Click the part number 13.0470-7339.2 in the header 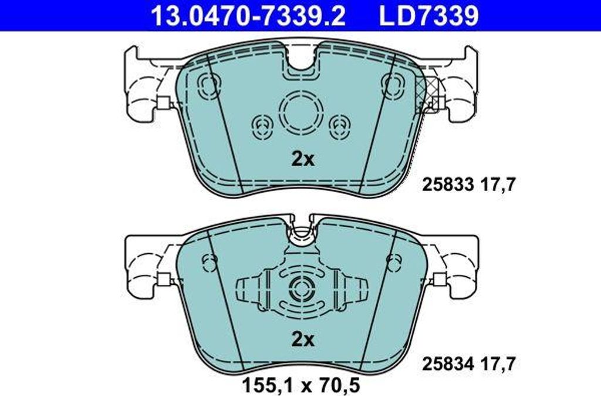click(x=248, y=16)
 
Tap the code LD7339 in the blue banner click(x=428, y=16)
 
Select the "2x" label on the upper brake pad click(x=303, y=159)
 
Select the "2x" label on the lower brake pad click(x=303, y=339)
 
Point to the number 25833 click(x=448, y=186)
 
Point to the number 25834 click(x=448, y=364)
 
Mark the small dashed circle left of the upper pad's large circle click(x=262, y=124)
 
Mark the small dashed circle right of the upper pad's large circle click(x=339, y=124)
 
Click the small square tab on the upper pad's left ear click(x=163, y=103)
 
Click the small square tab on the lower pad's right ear click(x=440, y=280)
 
